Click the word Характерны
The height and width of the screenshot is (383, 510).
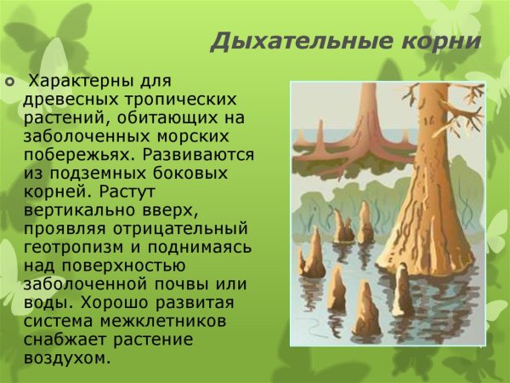coord(80,83)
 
